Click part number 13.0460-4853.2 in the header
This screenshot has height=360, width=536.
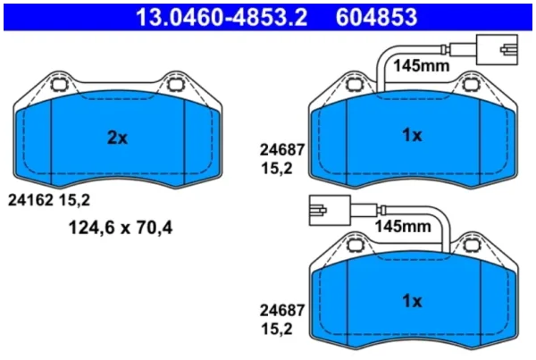[x=222, y=18]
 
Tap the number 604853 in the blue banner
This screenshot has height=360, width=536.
[x=376, y=18]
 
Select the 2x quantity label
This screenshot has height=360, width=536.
[x=117, y=138]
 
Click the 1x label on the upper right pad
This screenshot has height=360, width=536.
[x=412, y=136]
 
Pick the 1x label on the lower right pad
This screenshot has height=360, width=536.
[x=412, y=301]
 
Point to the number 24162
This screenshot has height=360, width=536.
[x=30, y=200]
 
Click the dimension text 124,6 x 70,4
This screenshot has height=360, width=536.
[x=121, y=228]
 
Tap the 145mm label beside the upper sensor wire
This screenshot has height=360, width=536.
[x=421, y=65]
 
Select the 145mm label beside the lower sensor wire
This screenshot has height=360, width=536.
[x=403, y=226]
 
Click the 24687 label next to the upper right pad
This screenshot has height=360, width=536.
[x=282, y=150]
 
